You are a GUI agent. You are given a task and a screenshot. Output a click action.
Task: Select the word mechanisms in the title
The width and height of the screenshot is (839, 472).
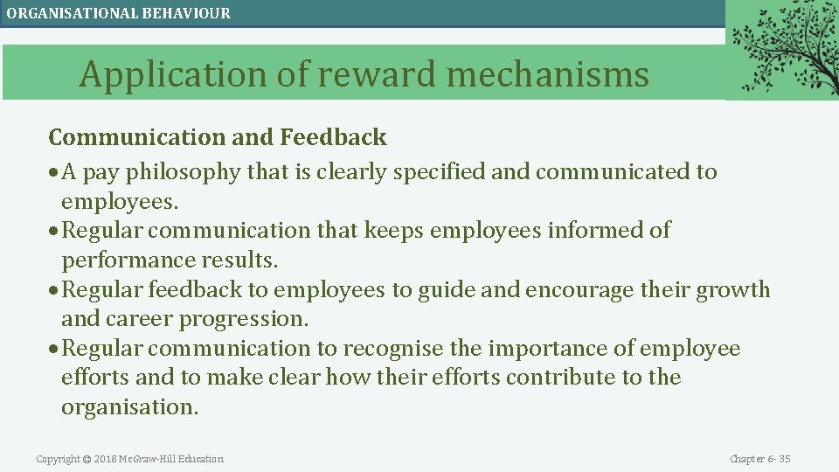[x=548, y=75]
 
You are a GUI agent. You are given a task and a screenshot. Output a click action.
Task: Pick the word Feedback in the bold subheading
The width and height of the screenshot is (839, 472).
[x=333, y=137]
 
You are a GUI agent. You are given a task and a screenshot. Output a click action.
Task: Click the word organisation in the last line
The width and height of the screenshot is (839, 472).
[x=128, y=407]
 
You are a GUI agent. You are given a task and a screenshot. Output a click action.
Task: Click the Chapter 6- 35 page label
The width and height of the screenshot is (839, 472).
[x=759, y=459]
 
